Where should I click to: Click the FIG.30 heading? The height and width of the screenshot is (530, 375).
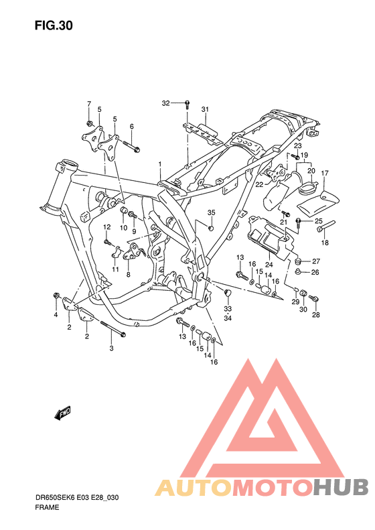(x=54, y=25)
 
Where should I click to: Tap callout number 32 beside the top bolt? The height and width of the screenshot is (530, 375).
(x=165, y=103)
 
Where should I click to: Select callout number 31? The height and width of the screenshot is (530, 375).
(x=205, y=109)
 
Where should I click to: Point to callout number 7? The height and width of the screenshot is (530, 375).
(x=89, y=104)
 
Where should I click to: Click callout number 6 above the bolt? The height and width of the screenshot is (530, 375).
(x=131, y=127)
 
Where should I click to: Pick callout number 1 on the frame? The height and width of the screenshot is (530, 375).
(x=160, y=164)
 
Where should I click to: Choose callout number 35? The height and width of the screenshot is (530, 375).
(x=211, y=212)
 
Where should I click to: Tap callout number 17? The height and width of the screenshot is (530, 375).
(x=324, y=174)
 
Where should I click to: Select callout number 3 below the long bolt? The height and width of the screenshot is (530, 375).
(x=111, y=348)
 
